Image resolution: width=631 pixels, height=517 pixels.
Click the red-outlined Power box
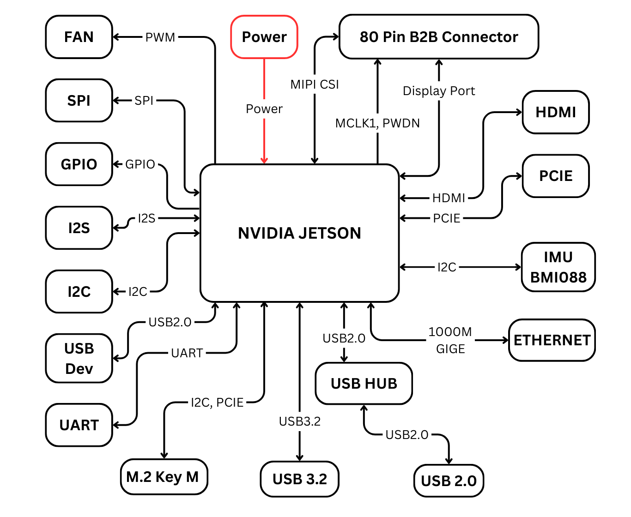point(264,37)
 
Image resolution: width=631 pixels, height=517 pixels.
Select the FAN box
point(79,37)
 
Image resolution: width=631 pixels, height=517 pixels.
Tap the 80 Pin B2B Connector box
point(438,37)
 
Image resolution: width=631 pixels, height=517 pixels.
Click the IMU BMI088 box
point(558,267)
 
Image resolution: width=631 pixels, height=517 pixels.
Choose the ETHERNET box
point(552,340)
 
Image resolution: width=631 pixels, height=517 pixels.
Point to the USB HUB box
point(364,384)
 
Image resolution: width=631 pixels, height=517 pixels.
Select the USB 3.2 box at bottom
point(299,479)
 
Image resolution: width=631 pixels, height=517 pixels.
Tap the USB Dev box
point(79,358)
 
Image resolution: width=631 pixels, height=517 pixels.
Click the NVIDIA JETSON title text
point(299,233)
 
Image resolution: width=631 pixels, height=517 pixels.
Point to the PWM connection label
point(160,37)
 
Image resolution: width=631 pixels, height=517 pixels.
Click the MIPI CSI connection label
point(315,84)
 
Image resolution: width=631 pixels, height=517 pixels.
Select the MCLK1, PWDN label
point(377,123)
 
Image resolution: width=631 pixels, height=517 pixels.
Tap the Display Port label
point(438,91)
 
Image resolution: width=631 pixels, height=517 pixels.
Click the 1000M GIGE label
point(450,340)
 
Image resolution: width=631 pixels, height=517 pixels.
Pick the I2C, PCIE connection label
point(217,403)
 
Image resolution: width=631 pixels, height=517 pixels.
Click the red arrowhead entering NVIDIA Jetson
point(264,160)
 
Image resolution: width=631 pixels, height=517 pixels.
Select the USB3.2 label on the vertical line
point(299,421)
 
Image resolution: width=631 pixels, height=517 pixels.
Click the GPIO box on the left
point(79,164)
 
